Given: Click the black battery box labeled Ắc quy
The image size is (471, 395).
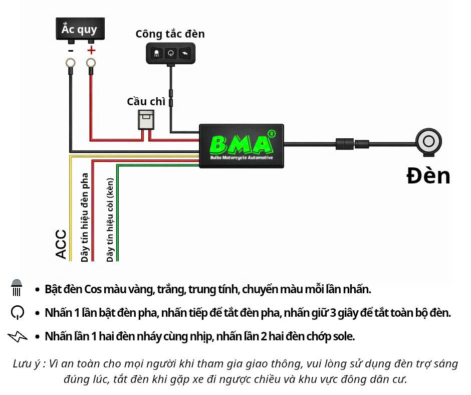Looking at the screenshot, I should pos(79,30).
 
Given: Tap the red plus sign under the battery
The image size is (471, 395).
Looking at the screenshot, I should pos(91,50).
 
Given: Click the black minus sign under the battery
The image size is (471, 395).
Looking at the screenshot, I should pos(71,50).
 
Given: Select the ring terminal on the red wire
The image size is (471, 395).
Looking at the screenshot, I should pos(91,63).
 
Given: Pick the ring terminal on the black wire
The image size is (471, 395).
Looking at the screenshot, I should pos(71,63).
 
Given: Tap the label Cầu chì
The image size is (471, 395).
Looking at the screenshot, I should pos(146,101).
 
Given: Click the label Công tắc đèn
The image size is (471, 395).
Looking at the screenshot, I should pos(170,34).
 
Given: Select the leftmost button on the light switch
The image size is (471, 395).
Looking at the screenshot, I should pos(157,53).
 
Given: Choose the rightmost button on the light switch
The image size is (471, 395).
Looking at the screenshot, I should pos(185,53).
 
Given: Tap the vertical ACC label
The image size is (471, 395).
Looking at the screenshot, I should pos(61,244).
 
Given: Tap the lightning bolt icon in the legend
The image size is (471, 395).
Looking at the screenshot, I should pos(18,336).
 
